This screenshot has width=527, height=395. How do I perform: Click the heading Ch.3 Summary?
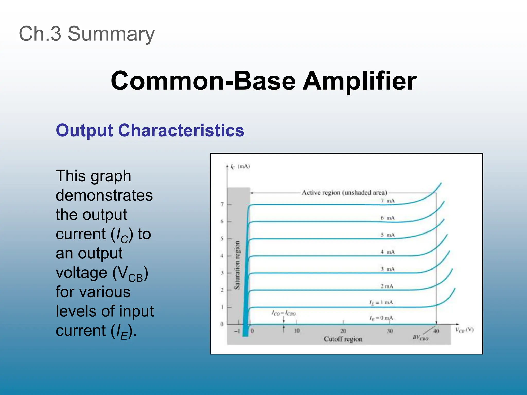point(87,34)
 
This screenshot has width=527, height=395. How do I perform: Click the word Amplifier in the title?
point(359,81)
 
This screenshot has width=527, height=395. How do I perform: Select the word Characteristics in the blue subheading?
point(181,130)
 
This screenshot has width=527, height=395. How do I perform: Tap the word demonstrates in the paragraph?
point(104,195)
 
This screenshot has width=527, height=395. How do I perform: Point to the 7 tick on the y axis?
point(222,204)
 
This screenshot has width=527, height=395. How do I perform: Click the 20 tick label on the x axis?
point(343,331)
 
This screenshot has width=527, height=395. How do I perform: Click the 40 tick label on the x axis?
point(436,331)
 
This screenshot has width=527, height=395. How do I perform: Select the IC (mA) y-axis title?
point(240,167)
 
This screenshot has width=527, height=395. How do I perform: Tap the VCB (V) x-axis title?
point(464,330)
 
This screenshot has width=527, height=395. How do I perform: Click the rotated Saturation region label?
point(237,265)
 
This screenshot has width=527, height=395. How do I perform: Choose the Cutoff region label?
point(343,339)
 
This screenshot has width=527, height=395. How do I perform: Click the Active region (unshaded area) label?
point(344,193)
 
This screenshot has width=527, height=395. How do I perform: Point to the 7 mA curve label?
point(388,201)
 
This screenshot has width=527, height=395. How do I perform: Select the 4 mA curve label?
point(388,252)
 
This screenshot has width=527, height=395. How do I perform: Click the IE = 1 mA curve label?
point(381,303)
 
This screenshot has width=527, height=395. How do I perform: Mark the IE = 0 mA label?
point(381,318)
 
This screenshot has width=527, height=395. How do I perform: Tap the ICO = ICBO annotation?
point(284,313)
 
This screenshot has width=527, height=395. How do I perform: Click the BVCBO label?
point(420,338)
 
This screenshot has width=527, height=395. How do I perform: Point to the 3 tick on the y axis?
point(222,273)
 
